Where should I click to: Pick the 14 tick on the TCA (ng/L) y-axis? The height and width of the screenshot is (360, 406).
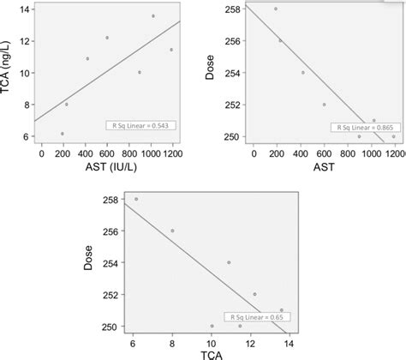click(27, 9)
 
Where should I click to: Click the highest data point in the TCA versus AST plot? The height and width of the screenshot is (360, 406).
click(153, 16)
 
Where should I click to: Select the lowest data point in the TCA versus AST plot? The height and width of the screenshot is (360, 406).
click(62, 134)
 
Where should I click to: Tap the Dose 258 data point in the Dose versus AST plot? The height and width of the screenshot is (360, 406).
click(276, 9)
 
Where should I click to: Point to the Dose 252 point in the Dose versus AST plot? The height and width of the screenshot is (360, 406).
click(324, 105)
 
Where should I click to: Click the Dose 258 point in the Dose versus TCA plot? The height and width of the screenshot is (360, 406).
click(135, 199)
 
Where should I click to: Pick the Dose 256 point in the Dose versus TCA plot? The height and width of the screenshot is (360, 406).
click(172, 231)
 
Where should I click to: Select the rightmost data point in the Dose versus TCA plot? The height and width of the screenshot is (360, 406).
click(282, 310)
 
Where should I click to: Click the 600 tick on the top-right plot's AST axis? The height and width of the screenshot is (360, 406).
click(324, 153)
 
